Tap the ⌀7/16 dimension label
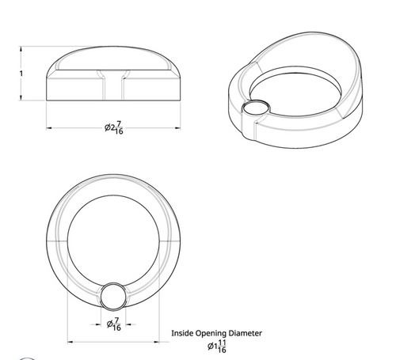(116, 324)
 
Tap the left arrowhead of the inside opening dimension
(74, 342)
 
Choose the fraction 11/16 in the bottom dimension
(223, 346)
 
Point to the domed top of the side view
(116, 59)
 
